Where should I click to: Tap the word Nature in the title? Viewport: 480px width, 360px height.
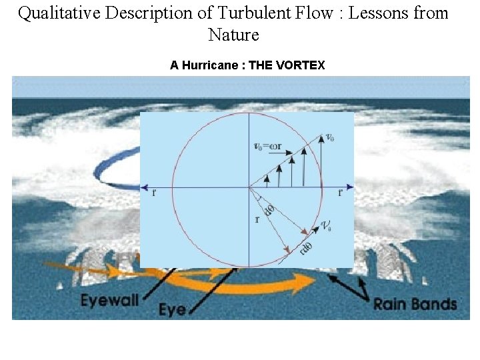click(x=233, y=35)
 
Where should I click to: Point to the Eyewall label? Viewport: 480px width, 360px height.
click(x=109, y=300)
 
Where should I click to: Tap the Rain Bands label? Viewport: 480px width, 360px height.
click(x=415, y=304)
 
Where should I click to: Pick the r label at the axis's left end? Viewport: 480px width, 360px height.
click(x=154, y=194)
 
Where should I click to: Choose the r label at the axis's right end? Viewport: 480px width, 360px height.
click(x=340, y=194)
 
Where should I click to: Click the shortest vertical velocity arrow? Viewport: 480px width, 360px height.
click(x=267, y=179)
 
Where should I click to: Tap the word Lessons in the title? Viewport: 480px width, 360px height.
click(x=379, y=13)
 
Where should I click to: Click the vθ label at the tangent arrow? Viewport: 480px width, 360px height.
click(x=327, y=227)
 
